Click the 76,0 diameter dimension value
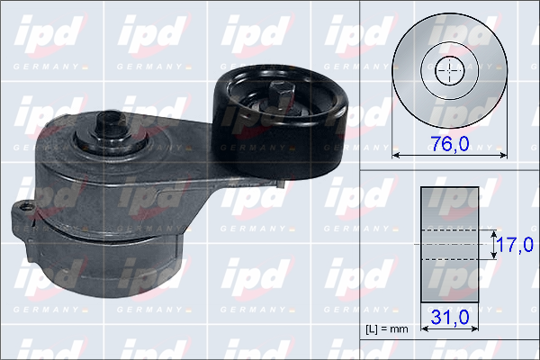coord(450,143)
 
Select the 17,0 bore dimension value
coord(516,245)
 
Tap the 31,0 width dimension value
coord(450,317)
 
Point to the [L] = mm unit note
coord(387,329)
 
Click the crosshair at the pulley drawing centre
coord(450,70)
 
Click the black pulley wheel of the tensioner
coord(280,121)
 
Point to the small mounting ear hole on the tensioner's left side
coord(24,207)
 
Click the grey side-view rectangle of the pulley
coord(450,245)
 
